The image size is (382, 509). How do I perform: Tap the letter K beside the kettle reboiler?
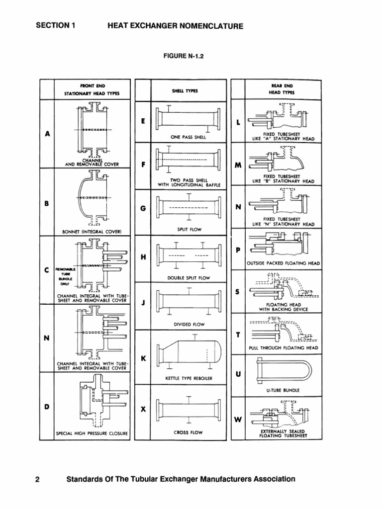click(143, 357)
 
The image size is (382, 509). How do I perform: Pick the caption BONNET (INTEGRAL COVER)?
click(92, 232)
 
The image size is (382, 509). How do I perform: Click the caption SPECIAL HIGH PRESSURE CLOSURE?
click(92, 433)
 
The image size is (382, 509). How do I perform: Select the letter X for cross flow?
click(143, 409)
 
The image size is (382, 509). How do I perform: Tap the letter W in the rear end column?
click(238, 420)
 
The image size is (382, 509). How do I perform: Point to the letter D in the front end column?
click(46, 407)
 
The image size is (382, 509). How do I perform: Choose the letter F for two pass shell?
click(143, 165)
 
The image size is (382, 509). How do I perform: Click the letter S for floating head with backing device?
click(238, 292)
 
